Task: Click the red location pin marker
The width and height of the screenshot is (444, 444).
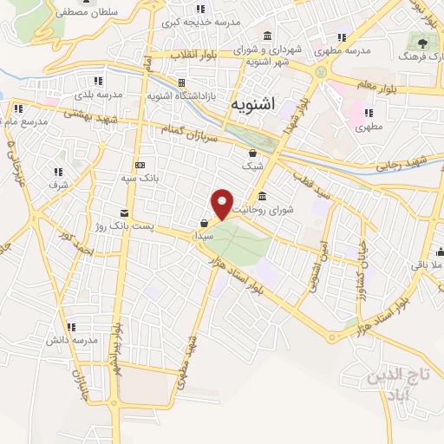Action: click(223, 204)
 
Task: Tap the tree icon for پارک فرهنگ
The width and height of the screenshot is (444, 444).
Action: click(423, 41)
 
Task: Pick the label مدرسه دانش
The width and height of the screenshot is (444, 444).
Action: click(71, 339)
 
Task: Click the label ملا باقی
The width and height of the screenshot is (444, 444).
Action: click(424, 264)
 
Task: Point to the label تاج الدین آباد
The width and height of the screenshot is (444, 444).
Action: click(394, 385)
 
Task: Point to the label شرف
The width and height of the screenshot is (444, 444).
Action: click(59, 185)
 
